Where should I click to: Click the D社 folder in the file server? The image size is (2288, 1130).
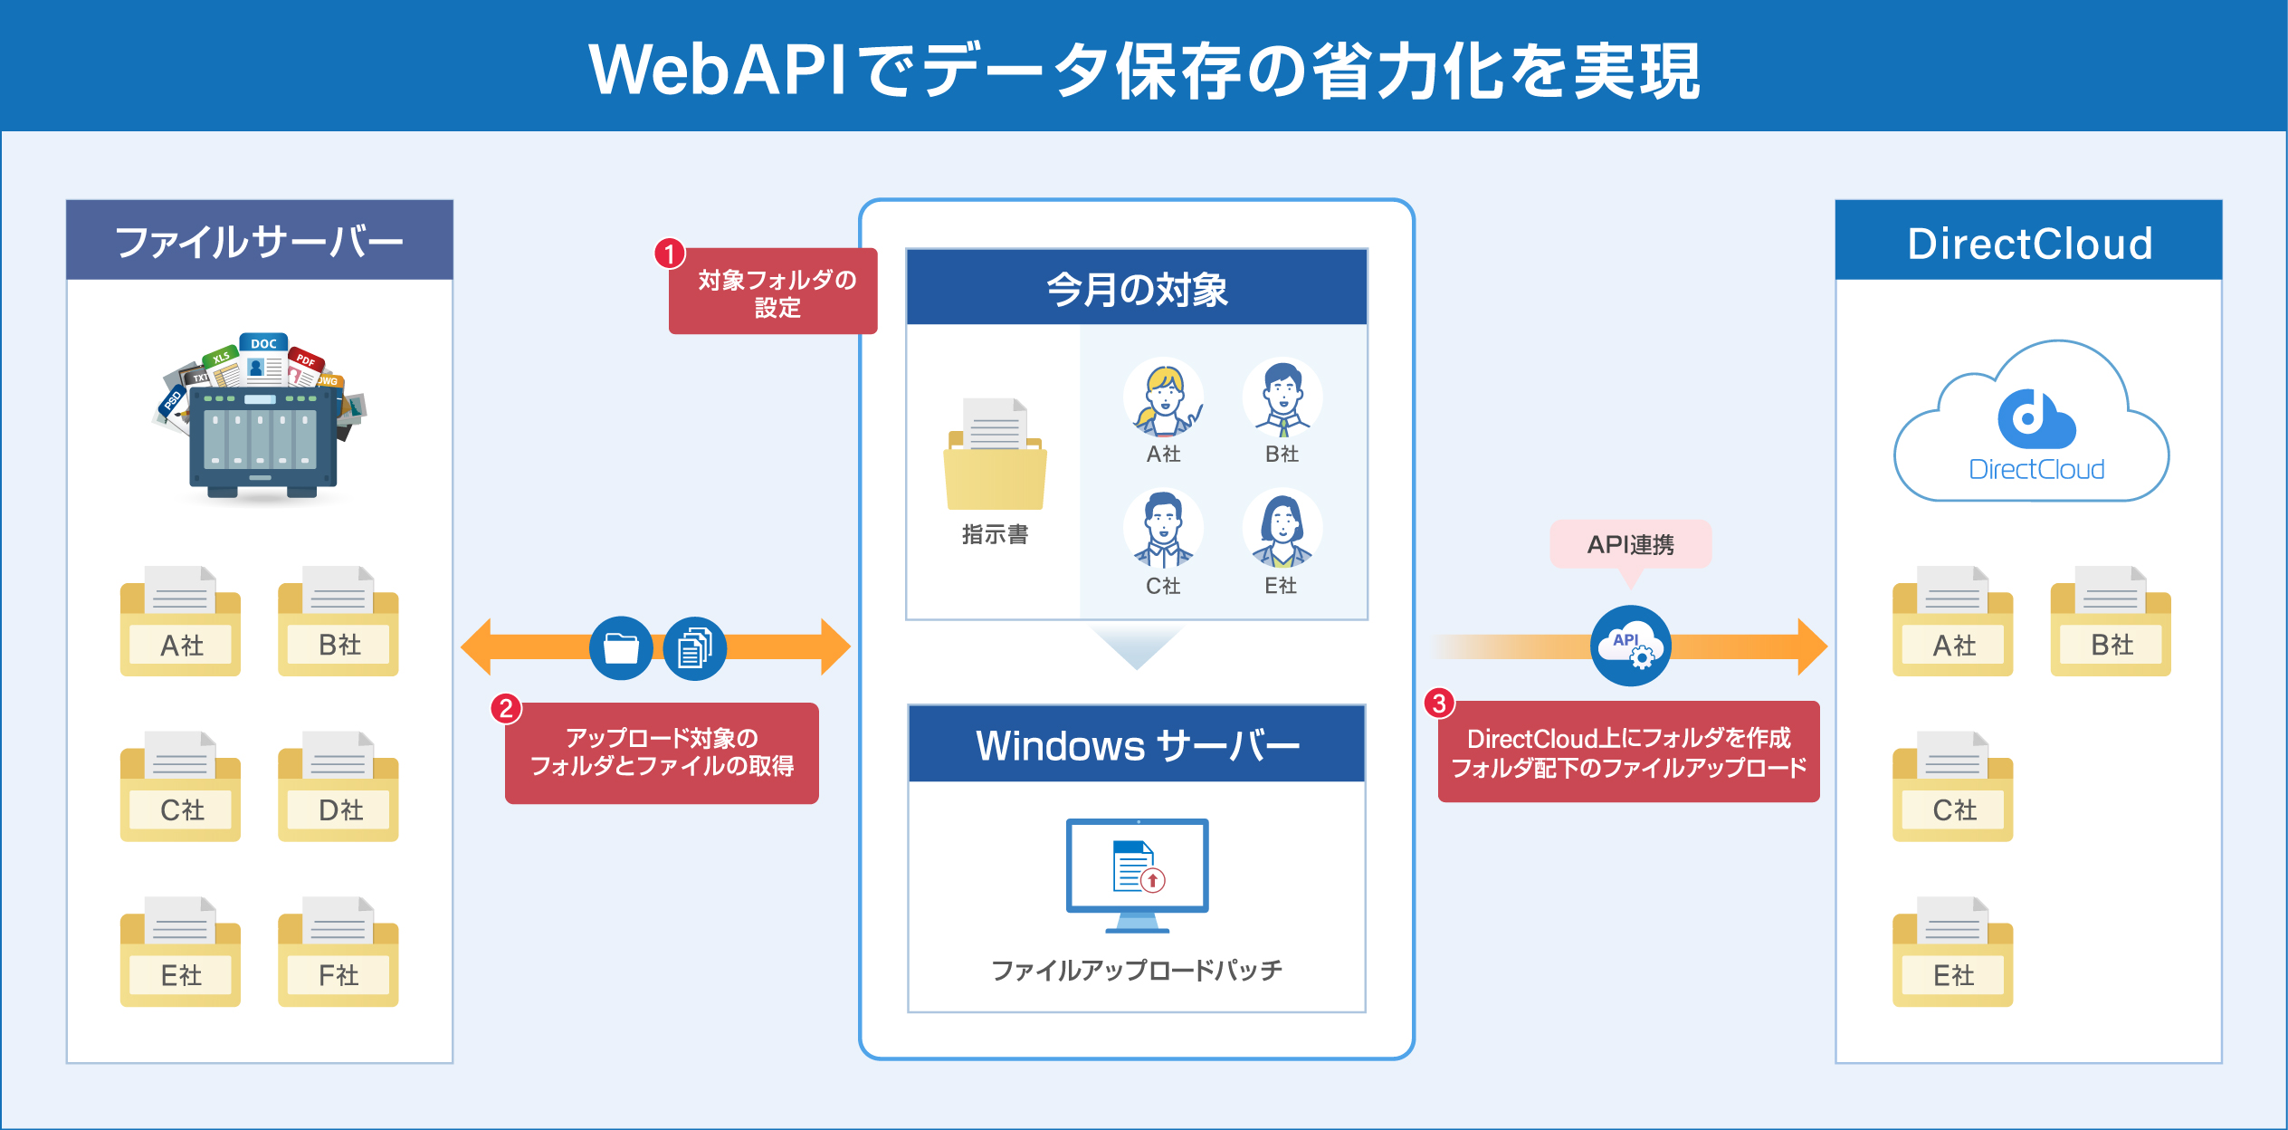[x=338, y=788]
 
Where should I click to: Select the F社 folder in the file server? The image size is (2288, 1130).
[x=338, y=953]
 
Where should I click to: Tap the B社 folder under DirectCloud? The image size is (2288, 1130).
[x=2111, y=623]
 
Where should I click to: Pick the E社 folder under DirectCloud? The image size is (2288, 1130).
[x=1952, y=953]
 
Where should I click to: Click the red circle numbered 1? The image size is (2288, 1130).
[x=670, y=254]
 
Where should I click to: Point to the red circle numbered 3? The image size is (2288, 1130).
[x=1439, y=704]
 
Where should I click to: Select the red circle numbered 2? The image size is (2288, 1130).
[x=506, y=708]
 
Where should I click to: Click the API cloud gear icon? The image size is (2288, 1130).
[x=1630, y=646]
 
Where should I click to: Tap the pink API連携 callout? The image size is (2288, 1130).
[x=1630, y=544]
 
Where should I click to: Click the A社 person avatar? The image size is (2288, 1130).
[x=1163, y=397]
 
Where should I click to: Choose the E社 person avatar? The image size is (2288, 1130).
[x=1282, y=530]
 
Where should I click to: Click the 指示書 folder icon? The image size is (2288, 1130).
[x=995, y=457]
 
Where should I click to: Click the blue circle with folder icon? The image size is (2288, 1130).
[x=621, y=648]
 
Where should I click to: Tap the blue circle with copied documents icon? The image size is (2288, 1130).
[x=694, y=648]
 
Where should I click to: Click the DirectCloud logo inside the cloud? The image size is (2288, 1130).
[x=2035, y=420]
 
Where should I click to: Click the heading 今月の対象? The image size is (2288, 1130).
[x=1137, y=289]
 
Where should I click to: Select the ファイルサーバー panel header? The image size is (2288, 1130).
[x=260, y=241]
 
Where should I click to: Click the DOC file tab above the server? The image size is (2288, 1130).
[x=263, y=344]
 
